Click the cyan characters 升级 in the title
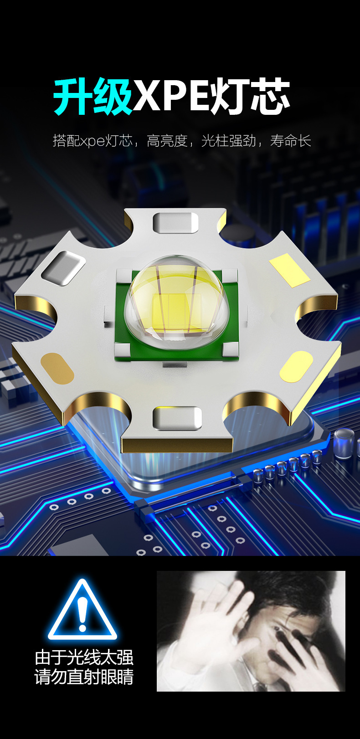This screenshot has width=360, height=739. [93, 97]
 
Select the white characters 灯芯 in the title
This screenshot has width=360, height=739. [250, 97]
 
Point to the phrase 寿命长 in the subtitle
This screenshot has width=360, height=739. [290, 141]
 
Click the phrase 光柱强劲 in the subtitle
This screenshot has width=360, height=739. [229, 141]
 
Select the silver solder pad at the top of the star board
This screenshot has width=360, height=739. [175, 223]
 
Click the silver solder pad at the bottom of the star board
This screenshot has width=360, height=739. [177, 418]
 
